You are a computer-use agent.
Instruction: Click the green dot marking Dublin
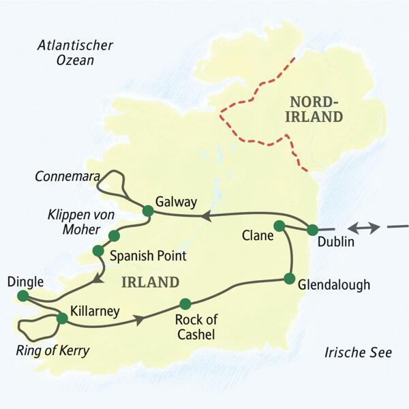[313, 230]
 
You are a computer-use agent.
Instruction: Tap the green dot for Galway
[147, 211]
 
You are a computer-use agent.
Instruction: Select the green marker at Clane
[279, 226]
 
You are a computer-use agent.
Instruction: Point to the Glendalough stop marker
[289, 278]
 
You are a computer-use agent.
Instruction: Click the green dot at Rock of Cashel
[184, 303]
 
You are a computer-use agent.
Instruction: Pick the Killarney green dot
[62, 318]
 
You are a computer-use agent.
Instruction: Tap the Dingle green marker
[23, 296]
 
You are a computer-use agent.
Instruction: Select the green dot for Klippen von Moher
[114, 236]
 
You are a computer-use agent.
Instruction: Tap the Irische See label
[357, 352]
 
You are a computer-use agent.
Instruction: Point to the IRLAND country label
[151, 282]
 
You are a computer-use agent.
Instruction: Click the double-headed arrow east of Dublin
[362, 228]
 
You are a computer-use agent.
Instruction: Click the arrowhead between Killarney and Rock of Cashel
[140, 320]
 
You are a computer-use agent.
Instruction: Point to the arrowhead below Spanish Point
[100, 278]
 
